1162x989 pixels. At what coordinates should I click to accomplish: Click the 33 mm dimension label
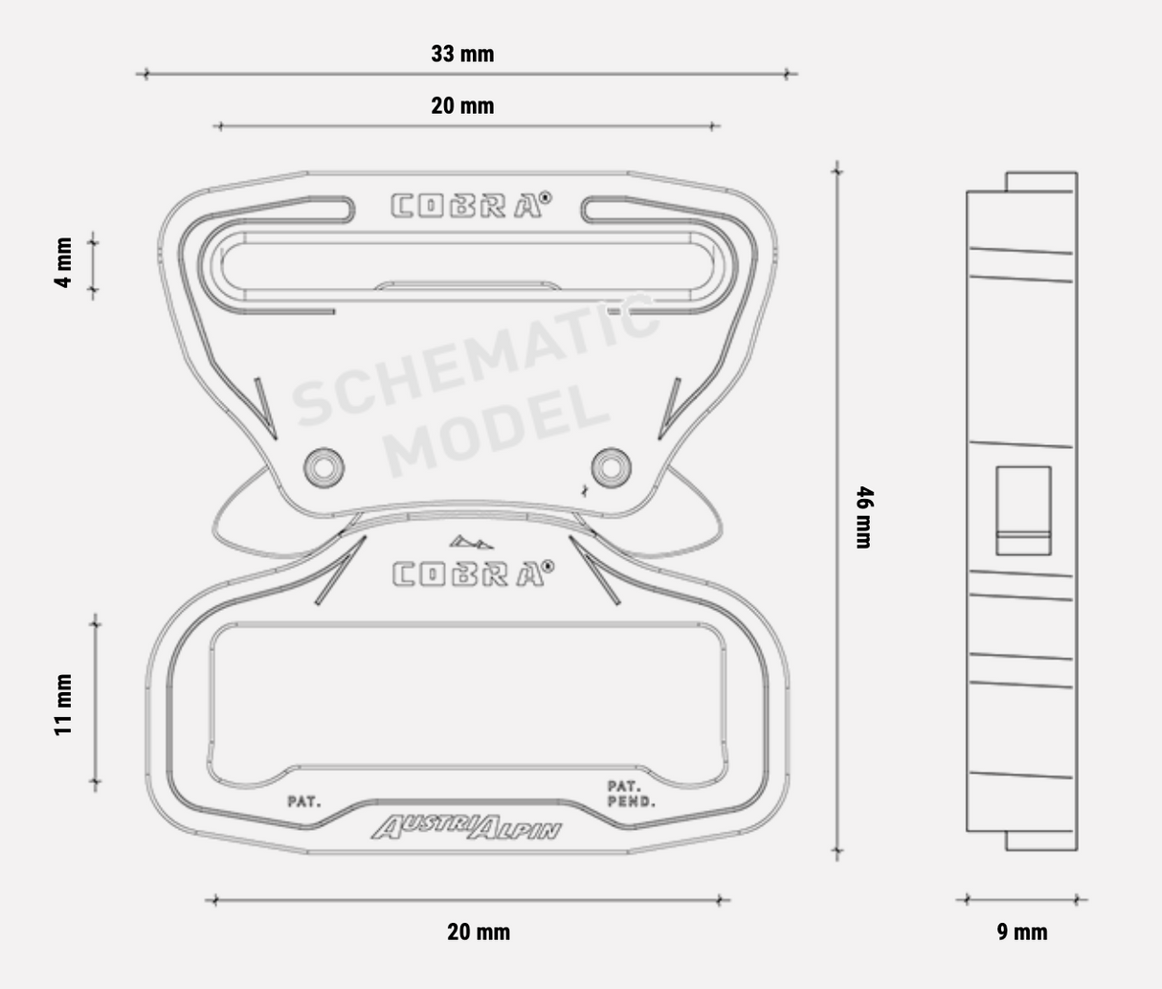(x=462, y=54)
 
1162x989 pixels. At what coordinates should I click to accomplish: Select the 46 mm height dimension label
(x=863, y=517)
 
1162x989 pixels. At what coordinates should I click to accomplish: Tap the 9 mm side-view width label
(x=1022, y=932)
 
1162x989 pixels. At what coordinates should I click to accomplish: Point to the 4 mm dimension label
(x=63, y=262)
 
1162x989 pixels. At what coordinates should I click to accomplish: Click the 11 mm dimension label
(x=63, y=705)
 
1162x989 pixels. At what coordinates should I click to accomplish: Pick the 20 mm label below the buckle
(x=479, y=932)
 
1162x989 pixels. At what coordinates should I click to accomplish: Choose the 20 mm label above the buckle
(x=462, y=105)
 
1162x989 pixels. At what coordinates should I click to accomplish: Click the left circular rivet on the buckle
(x=324, y=467)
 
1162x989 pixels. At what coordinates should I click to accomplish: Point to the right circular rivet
(x=611, y=467)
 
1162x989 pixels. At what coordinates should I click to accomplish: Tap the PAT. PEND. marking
(x=631, y=794)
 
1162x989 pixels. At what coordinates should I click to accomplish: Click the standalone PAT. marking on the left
(x=304, y=800)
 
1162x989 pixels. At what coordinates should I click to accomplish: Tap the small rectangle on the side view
(x=1023, y=510)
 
